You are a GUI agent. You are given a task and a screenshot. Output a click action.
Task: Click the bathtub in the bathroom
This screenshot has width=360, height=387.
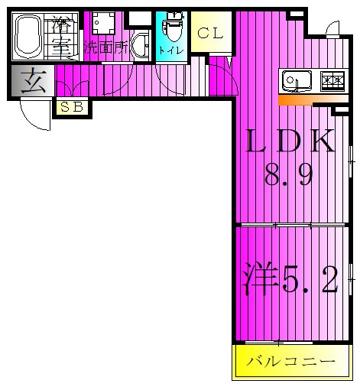click(28, 36)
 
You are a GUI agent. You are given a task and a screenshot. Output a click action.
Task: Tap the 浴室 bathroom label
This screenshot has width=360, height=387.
click(61, 36)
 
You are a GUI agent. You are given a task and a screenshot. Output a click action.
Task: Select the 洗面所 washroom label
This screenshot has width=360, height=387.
click(106, 47)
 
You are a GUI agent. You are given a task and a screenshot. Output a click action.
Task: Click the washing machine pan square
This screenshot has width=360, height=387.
click(103, 23)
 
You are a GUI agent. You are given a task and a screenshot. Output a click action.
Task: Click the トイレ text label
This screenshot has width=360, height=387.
click(171, 50)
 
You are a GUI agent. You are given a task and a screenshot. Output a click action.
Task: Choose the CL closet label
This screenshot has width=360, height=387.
click(210, 34)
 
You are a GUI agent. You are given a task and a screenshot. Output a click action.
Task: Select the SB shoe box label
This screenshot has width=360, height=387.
click(72, 107)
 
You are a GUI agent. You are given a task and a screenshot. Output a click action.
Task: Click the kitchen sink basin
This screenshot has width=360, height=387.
click(297, 80)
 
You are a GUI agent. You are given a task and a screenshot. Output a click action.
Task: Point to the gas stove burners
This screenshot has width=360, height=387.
click(332, 80)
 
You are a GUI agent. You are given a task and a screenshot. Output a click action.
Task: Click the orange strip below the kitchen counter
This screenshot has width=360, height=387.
click(313, 100)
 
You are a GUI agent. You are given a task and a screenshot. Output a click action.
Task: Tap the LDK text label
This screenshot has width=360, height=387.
click(290, 141)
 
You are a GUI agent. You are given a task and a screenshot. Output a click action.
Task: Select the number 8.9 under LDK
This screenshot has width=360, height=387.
click(289, 174)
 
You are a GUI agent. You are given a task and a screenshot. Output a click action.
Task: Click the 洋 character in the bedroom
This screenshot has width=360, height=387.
click(261, 278)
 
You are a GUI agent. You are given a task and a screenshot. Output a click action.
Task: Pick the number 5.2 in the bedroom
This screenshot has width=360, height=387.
click(310, 280)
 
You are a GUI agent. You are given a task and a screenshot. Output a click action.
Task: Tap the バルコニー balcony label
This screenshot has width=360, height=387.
click(290, 361)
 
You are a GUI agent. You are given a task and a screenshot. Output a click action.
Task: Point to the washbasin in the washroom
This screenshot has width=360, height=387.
click(140, 46)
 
